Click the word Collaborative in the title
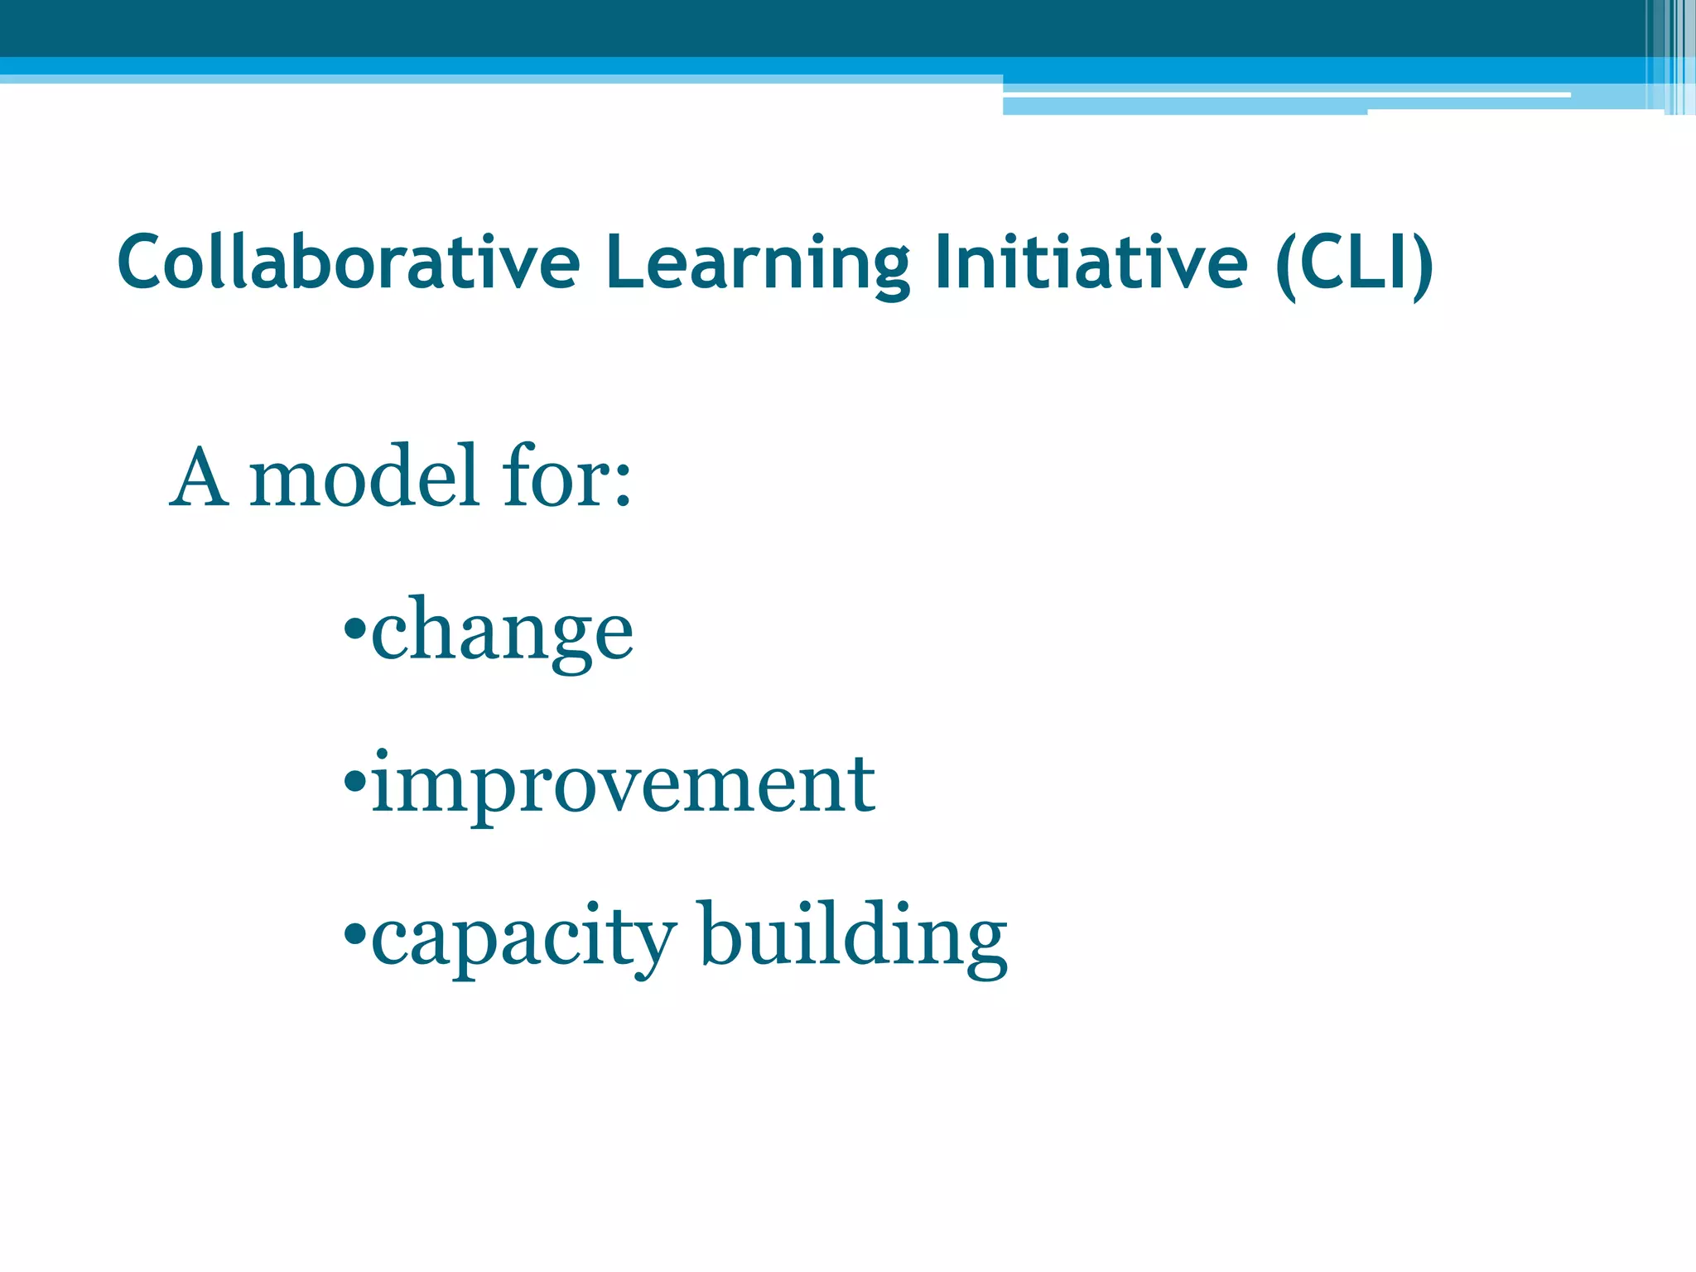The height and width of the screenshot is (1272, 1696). (x=349, y=263)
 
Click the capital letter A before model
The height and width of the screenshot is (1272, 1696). (x=199, y=478)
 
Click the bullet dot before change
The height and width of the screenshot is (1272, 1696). (x=354, y=628)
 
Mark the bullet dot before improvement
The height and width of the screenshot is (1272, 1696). (x=354, y=780)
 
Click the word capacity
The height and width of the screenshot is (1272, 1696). (x=523, y=937)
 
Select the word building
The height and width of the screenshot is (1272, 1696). (x=853, y=937)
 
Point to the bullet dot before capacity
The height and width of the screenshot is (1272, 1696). (x=354, y=933)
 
